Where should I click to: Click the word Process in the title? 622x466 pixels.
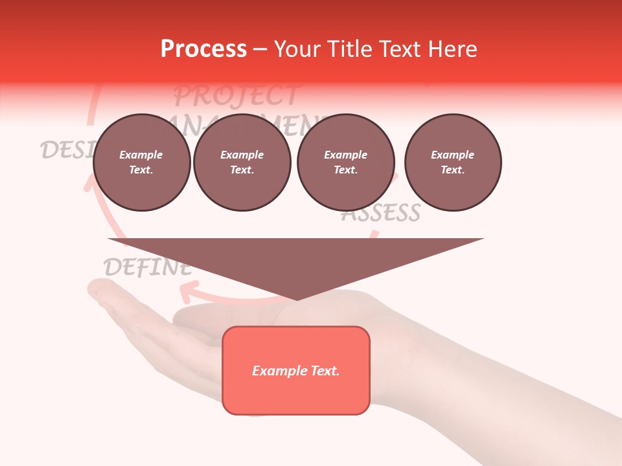[203, 49]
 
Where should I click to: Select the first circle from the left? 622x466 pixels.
[141, 162]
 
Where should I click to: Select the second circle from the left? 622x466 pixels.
[242, 162]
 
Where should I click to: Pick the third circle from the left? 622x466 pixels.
[345, 162]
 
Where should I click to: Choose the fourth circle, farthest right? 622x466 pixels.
[452, 162]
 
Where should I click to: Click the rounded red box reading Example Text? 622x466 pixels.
[295, 370]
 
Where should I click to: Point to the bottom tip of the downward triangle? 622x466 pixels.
[297, 298]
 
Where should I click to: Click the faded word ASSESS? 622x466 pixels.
[381, 213]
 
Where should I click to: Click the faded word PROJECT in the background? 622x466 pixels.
[236, 96]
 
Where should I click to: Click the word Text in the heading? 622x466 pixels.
[397, 49]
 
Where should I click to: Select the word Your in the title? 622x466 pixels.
[297, 49]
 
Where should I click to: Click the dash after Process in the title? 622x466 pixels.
[260, 50]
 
